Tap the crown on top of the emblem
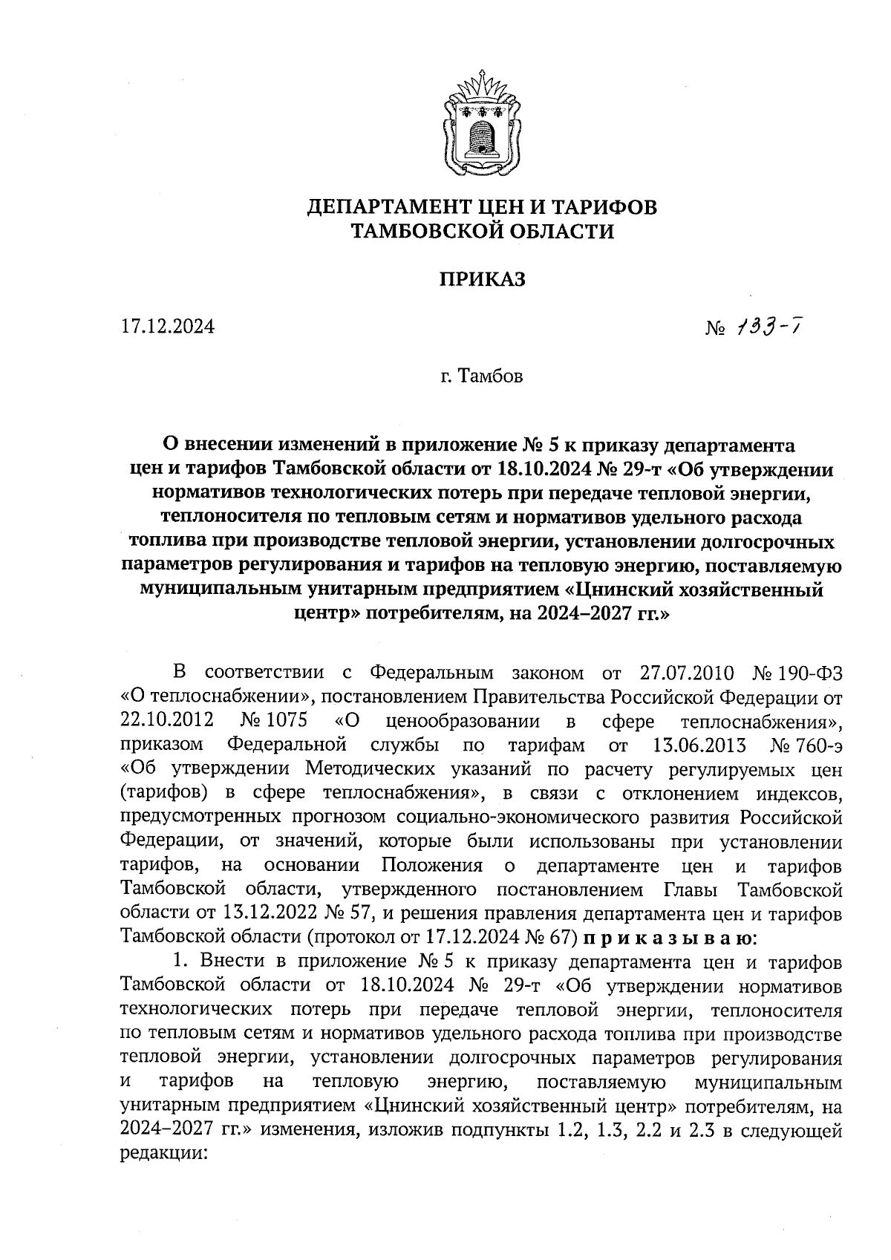[x=482, y=82]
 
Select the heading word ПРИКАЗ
[x=482, y=279]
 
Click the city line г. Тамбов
[x=481, y=376]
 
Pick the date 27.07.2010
[x=686, y=673]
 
